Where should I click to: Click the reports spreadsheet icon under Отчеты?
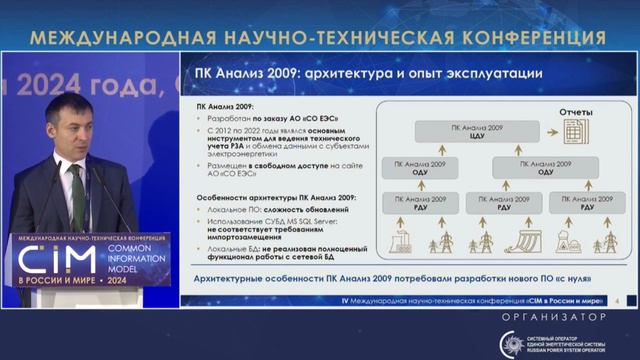point(574,131)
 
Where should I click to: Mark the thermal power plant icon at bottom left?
point(396,241)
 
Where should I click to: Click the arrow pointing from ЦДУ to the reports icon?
point(546,132)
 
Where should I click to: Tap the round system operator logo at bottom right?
point(512,343)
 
